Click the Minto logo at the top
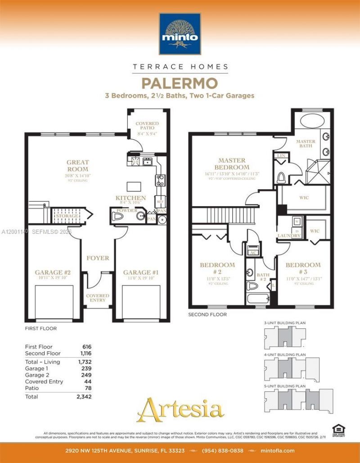(x=180, y=34)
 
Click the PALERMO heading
(x=180, y=83)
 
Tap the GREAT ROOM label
(x=78, y=166)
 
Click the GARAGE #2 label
(x=53, y=272)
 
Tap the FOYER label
(x=98, y=258)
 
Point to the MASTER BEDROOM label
(x=232, y=164)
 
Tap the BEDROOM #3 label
(x=303, y=268)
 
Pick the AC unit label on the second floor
(x=253, y=253)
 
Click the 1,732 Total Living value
(x=85, y=362)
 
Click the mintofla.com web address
(x=278, y=450)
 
